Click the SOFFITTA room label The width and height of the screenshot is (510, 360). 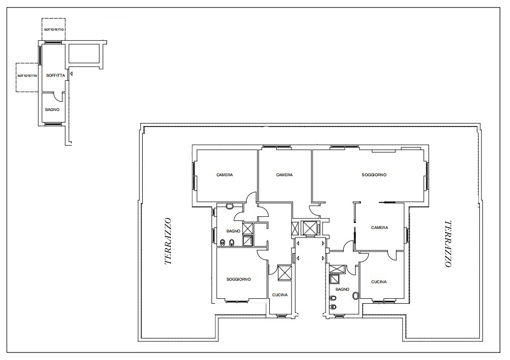pyautogui.click(x=56, y=75)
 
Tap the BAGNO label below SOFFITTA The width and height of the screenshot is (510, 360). pyautogui.click(x=52, y=109)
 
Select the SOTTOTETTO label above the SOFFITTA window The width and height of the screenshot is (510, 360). pyautogui.click(x=54, y=30)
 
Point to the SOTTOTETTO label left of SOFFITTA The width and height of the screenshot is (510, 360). pyautogui.click(x=27, y=76)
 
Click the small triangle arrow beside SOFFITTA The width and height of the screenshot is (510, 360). pyautogui.click(x=71, y=74)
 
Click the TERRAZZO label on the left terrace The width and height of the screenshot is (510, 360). pyautogui.click(x=168, y=241)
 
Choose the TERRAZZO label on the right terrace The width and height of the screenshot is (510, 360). pyautogui.click(x=448, y=244)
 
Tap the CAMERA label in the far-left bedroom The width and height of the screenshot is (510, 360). pyautogui.click(x=225, y=175)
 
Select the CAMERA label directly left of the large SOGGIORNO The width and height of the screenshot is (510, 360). pyautogui.click(x=284, y=175)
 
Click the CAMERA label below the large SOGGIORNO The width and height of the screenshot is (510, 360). pyautogui.click(x=379, y=227)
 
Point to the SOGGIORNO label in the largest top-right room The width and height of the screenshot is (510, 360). pyautogui.click(x=374, y=175)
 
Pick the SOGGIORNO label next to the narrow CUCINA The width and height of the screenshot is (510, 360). pyautogui.click(x=239, y=279)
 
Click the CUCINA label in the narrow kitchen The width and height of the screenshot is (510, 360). pyautogui.click(x=280, y=295)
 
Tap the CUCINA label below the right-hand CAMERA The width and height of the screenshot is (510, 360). pyautogui.click(x=379, y=282)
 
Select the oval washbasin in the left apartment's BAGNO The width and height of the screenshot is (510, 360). pyautogui.click(x=230, y=206)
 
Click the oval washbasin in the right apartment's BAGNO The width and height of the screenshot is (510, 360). pyautogui.click(x=356, y=296)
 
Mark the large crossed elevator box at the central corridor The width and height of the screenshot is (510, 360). pyautogui.click(x=309, y=228)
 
